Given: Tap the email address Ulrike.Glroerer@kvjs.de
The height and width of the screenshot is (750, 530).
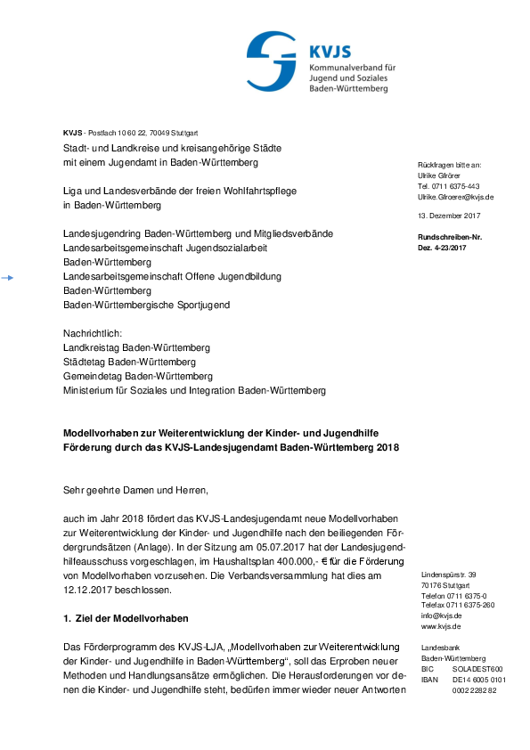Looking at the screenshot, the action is click(x=455, y=196).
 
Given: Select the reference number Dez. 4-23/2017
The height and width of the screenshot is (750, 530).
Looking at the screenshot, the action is click(x=442, y=247).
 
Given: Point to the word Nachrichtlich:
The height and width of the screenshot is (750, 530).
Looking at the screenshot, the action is click(x=93, y=332).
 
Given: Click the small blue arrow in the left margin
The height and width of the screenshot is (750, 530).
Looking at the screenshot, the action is click(x=7, y=278).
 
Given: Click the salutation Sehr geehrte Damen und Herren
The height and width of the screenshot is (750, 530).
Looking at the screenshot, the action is click(x=135, y=489).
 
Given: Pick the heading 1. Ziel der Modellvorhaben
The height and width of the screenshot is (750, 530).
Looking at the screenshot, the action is click(x=126, y=618).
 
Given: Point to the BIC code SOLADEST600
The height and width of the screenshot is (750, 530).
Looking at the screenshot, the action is click(x=477, y=668).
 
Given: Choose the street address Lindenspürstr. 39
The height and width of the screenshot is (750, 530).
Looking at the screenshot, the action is click(x=448, y=575).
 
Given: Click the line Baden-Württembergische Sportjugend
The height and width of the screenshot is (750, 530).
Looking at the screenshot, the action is click(x=146, y=305).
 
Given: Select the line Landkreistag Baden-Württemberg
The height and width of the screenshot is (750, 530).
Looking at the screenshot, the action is click(x=136, y=346).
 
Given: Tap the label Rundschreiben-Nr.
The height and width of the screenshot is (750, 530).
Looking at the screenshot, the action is click(x=449, y=237).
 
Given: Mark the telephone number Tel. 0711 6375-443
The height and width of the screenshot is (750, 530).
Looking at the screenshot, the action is click(x=448, y=186).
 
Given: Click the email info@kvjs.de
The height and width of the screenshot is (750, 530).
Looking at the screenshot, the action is click(x=441, y=615).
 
